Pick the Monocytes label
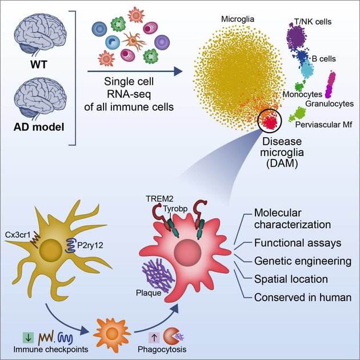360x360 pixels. pyautogui.click(x=302, y=93)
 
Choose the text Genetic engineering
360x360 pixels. pyautogui.click(x=302, y=261)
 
